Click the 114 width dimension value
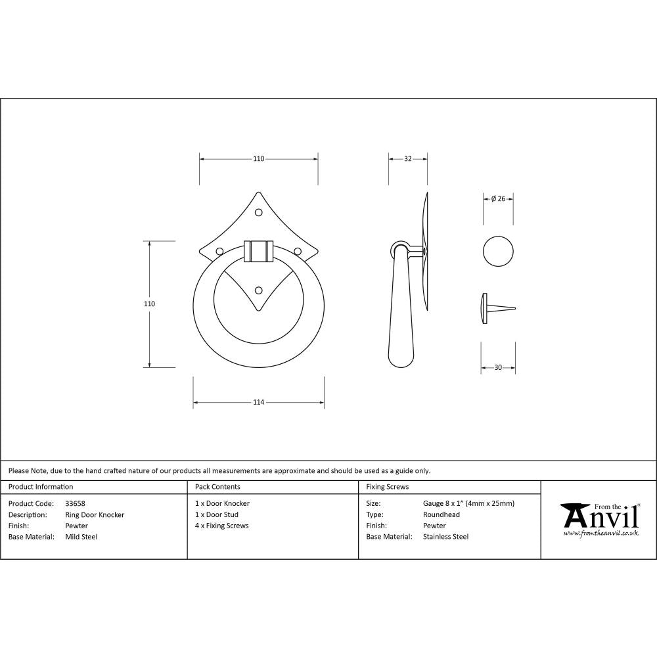[258, 402]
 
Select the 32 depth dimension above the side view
[407, 159]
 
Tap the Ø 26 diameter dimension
[498, 199]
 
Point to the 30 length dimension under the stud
[498, 367]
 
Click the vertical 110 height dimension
[149, 304]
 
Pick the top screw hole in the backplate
[258, 212]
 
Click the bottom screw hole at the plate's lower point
[258, 290]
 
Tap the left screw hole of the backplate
[219, 251]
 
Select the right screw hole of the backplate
[297, 251]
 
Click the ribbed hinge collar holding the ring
[258, 251]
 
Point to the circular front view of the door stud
[498, 251]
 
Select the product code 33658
[76, 503]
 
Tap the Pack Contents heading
[217, 487]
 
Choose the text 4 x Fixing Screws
[222, 526]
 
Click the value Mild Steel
[81, 537]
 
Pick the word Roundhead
[440, 514]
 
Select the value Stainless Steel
[446, 537]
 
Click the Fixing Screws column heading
[388, 487]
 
